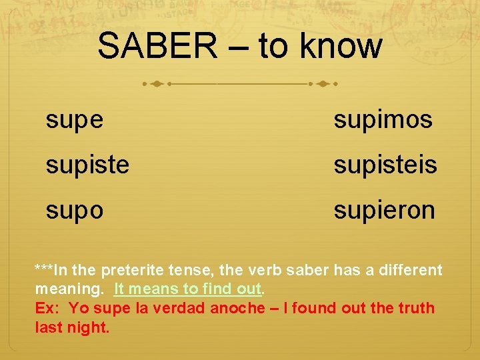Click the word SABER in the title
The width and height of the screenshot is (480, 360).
[x=157, y=47]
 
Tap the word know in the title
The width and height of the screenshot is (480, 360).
[x=341, y=47]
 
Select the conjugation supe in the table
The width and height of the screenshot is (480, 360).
[x=75, y=121]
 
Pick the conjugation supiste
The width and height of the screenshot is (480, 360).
[x=87, y=165]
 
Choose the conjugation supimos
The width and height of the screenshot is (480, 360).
[x=383, y=121]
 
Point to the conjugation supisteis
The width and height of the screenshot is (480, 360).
[x=385, y=165]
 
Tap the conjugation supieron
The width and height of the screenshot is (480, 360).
[x=385, y=211]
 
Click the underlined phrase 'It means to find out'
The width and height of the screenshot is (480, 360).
[x=188, y=289]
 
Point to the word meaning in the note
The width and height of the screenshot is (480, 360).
[x=69, y=289]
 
